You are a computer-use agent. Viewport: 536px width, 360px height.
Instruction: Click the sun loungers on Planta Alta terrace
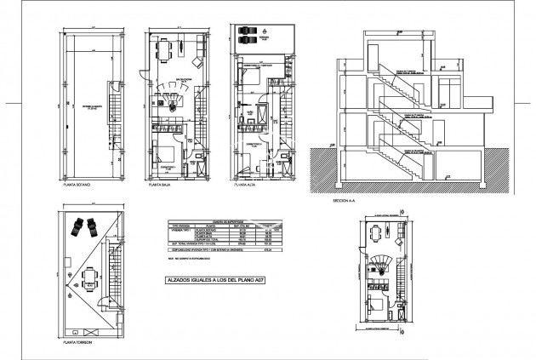click(x=248, y=35)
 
